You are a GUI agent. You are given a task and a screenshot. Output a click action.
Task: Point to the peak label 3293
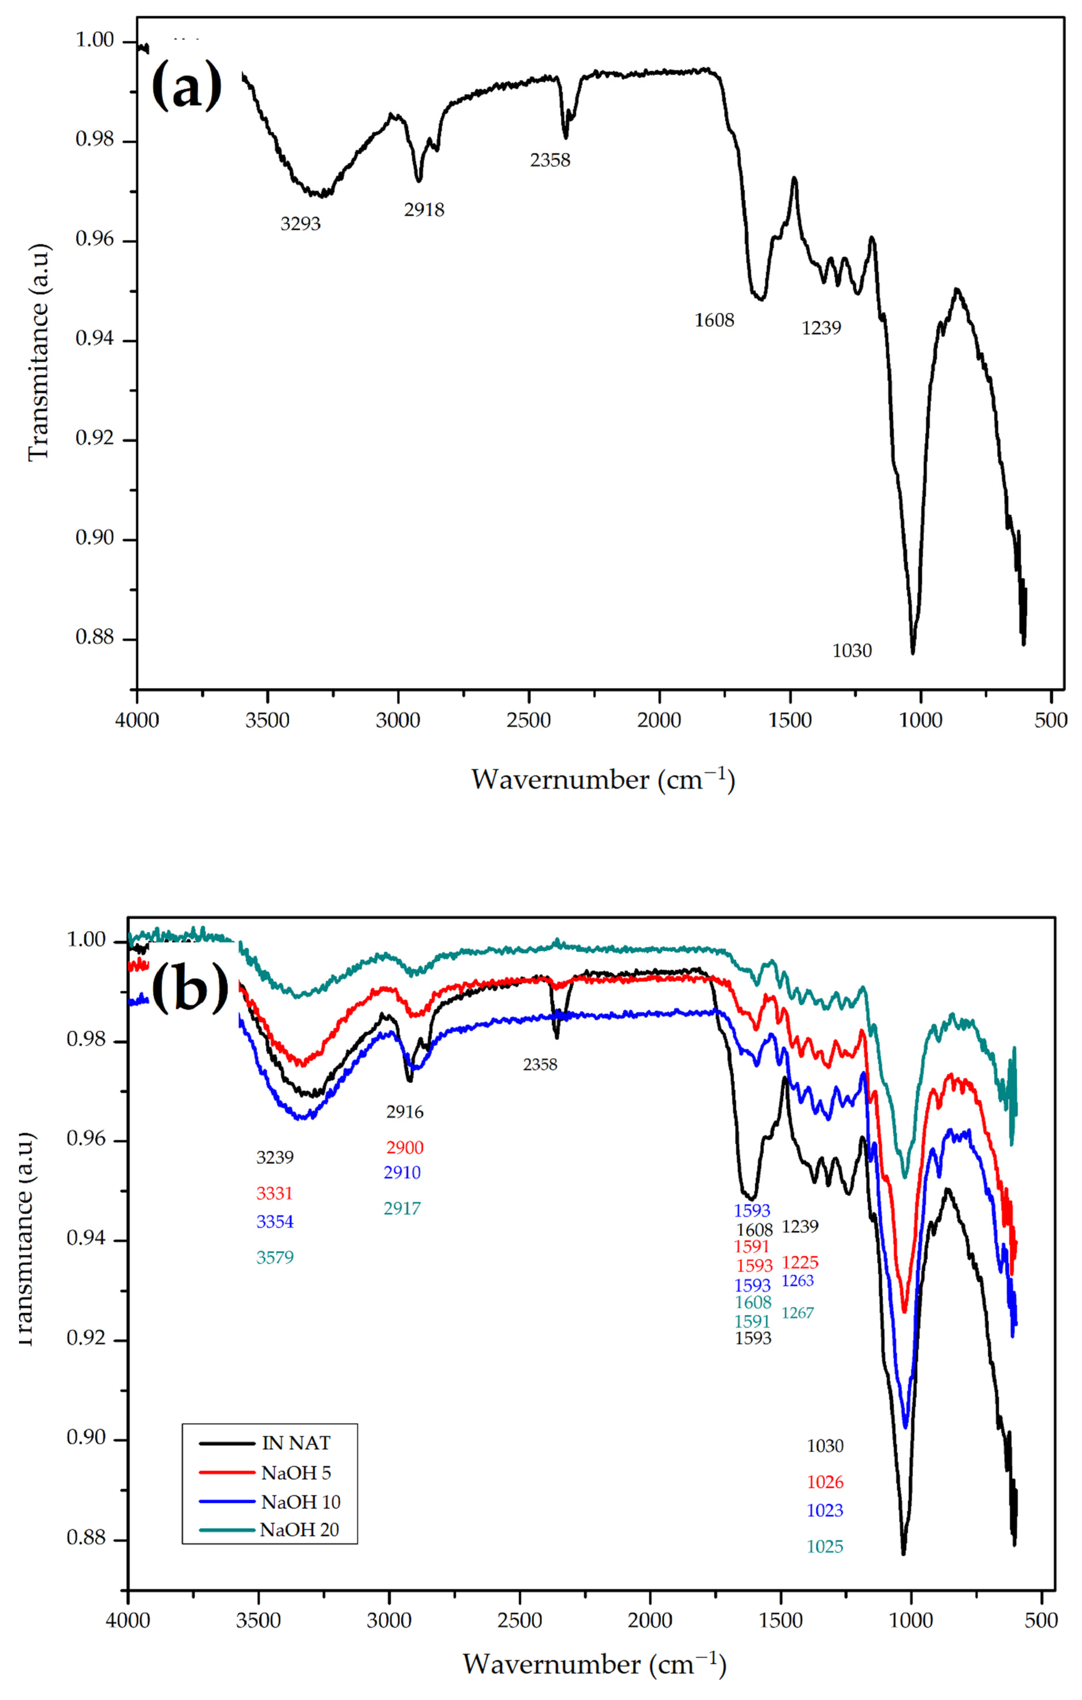click(301, 224)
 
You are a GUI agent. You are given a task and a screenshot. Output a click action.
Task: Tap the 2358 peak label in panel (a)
click(550, 160)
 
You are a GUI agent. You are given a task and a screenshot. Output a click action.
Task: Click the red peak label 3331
click(275, 1193)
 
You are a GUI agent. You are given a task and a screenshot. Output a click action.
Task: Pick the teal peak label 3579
click(275, 1257)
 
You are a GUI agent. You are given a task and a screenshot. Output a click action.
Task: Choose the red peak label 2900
click(405, 1147)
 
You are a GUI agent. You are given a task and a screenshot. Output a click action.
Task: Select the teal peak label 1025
click(825, 1546)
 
